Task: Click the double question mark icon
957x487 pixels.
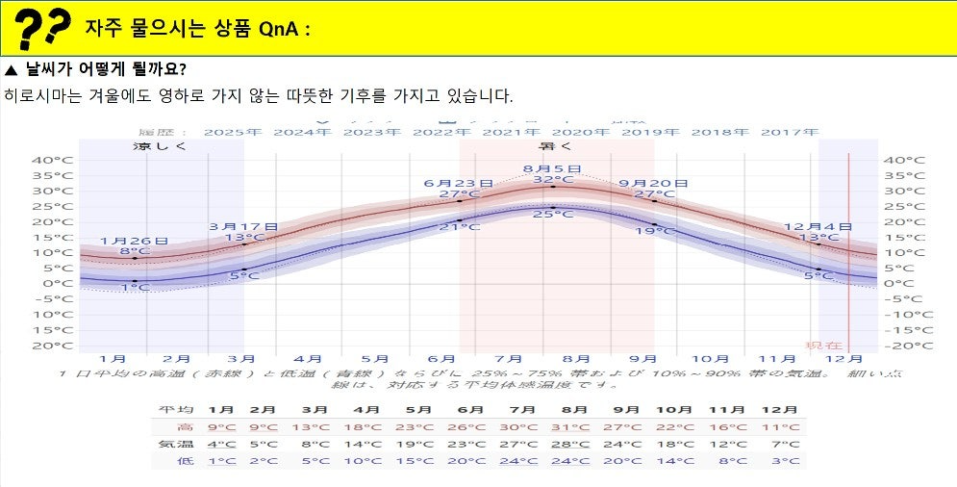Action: click(44, 28)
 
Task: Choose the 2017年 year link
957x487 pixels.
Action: click(790, 131)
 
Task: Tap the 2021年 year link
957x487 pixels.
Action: click(511, 131)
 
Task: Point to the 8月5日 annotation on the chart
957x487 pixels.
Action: click(552, 168)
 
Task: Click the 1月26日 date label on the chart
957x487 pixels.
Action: click(134, 241)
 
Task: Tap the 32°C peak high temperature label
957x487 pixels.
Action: click(547, 180)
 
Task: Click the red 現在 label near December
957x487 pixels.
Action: click(824, 345)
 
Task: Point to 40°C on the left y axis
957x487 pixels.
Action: click(52, 160)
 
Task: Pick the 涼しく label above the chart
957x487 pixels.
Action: click(160, 146)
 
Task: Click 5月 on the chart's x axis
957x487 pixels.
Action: click(382, 359)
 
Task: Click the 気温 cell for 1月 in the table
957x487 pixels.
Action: click(222, 444)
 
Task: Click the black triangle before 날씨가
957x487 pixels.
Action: click(12, 70)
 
